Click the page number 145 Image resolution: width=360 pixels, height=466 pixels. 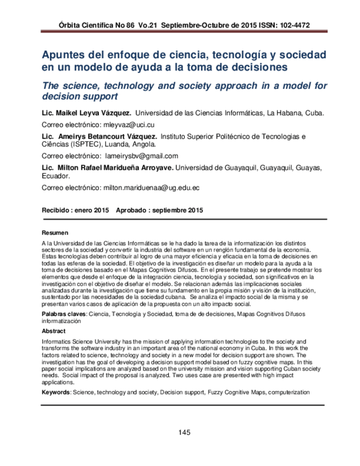click(x=184, y=432)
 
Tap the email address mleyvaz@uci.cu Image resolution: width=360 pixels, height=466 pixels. click(x=130, y=125)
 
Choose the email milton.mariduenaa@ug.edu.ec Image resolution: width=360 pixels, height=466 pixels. click(x=151, y=187)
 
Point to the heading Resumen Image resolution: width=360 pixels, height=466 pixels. click(x=55, y=232)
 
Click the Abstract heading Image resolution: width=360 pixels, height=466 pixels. click(x=54, y=331)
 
